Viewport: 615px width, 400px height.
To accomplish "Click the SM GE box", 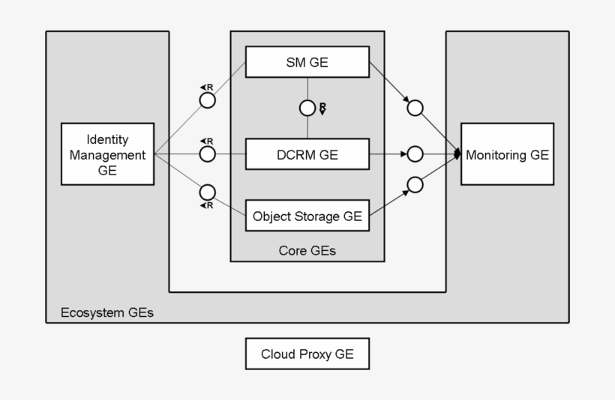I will click(x=307, y=62).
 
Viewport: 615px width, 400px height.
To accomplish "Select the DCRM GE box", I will click(x=307, y=155).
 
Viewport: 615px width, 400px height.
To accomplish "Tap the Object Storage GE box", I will click(x=307, y=216).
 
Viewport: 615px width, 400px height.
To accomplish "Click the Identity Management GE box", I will click(x=107, y=154).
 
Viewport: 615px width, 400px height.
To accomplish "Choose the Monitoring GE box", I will click(x=507, y=155).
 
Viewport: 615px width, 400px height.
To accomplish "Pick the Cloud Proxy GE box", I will click(x=307, y=354).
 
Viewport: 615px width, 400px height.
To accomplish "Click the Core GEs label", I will click(x=307, y=251).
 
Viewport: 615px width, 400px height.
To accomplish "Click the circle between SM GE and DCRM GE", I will click(x=307, y=108).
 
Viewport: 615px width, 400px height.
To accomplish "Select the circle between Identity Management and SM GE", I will click(x=208, y=100).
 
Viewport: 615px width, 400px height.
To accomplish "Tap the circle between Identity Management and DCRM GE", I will click(x=208, y=154).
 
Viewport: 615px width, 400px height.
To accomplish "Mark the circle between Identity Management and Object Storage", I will click(x=208, y=191).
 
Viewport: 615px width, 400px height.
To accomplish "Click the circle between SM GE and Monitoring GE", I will click(x=415, y=108).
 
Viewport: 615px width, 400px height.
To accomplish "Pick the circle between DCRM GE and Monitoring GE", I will click(x=415, y=155).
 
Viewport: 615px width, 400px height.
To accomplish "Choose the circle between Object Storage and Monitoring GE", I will click(x=415, y=184).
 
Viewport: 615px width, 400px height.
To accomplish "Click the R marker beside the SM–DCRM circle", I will click(x=322, y=109).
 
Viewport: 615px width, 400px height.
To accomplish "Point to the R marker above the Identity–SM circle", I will click(x=207, y=88).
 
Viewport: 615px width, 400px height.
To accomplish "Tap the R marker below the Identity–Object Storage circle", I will click(x=207, y=205).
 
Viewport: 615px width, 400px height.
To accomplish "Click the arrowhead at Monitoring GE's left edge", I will click(x=457, y=155).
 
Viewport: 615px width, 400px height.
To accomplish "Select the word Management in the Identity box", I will click(x=107, y=155).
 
